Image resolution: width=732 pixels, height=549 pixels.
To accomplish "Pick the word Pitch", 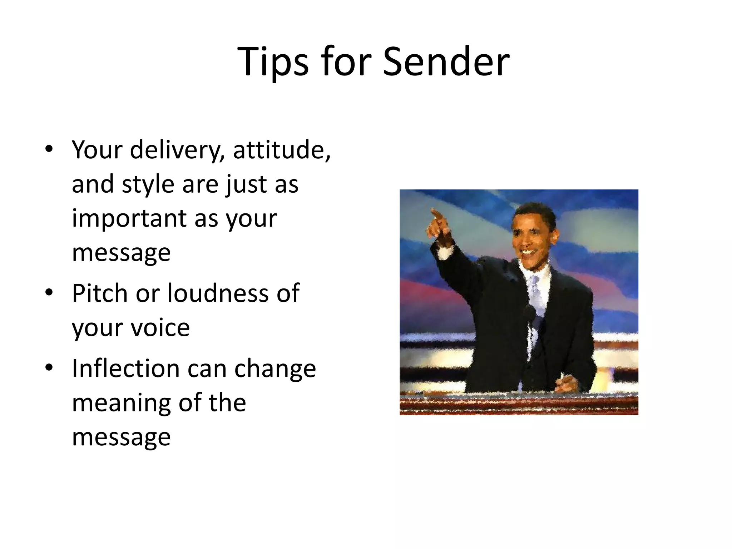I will pyautogui.click(x=100, y=293).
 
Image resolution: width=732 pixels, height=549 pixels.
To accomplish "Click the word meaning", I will pyautogui.click(x=122, y=403).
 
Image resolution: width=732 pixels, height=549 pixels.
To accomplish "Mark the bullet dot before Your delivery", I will pyautogui.click(x=49, y=149).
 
